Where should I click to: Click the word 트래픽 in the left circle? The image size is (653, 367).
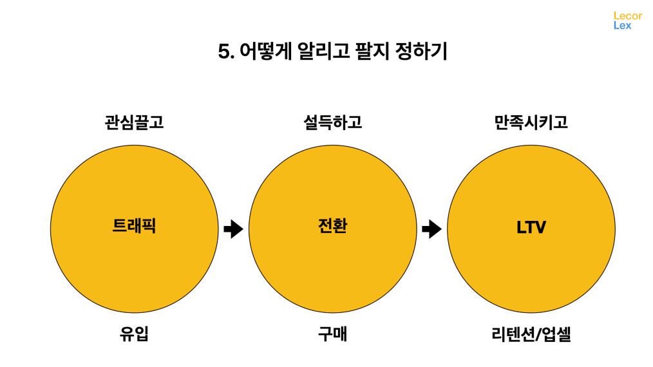(134, 227)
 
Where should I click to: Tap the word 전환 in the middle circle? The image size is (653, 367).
(332, 227)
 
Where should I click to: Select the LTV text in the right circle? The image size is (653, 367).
(531, 227)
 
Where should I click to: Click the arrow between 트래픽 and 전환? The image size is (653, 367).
(233, 229)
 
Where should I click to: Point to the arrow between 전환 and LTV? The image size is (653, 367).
(431, 229)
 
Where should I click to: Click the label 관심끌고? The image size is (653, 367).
(134, 122)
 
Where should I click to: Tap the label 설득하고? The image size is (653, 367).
(332, 122)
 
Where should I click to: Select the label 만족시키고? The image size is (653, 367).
(531, 122)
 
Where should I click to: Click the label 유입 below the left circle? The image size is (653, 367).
(134, 335)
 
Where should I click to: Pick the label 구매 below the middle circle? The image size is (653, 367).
(332, 335)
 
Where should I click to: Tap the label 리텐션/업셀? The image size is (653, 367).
(531, 335)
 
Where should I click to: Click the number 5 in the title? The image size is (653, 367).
(224, 52)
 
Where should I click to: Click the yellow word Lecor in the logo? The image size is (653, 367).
(627, 15)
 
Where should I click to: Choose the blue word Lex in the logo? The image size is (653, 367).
(622, 26)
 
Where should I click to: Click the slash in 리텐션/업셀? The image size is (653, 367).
(538, 335)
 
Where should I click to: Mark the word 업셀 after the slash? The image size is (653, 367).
(556, 335)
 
